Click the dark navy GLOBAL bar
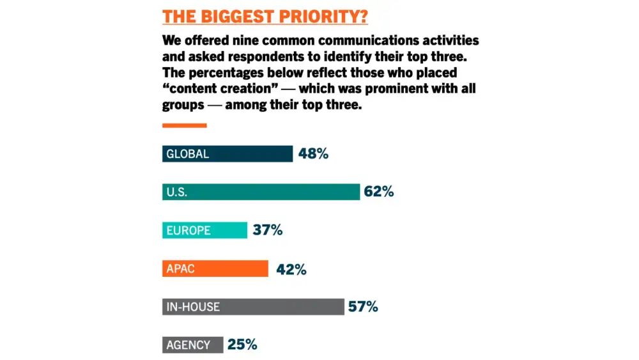click(227, 153)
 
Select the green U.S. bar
click(261, 192)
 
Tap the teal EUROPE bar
click(204, 230)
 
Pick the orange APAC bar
click(215, 269)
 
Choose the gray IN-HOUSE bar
click(252, 307)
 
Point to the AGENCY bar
click(192, 345)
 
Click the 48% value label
click(313, 153)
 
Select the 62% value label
click(379, 192)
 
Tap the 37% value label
click(268, 230)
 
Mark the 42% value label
click(291, 269)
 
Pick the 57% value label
click(363, 307)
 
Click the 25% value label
click(242, 345)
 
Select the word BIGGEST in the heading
click(237, 16)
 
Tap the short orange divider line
click(184, 125)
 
